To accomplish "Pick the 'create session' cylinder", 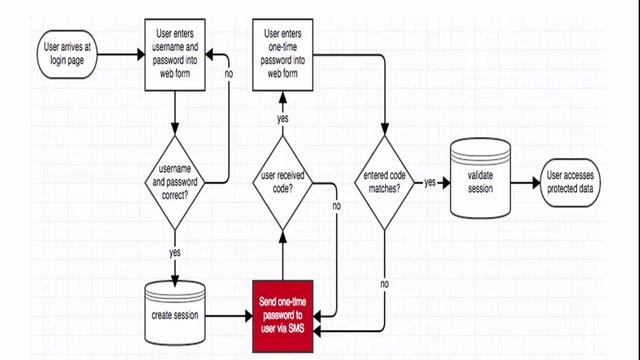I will click(176, 313).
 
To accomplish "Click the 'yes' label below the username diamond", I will click(175, 252).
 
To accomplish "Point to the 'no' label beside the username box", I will click(229, 73).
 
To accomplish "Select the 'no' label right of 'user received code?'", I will click(336, 206).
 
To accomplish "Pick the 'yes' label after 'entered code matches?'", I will click(430, 183).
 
